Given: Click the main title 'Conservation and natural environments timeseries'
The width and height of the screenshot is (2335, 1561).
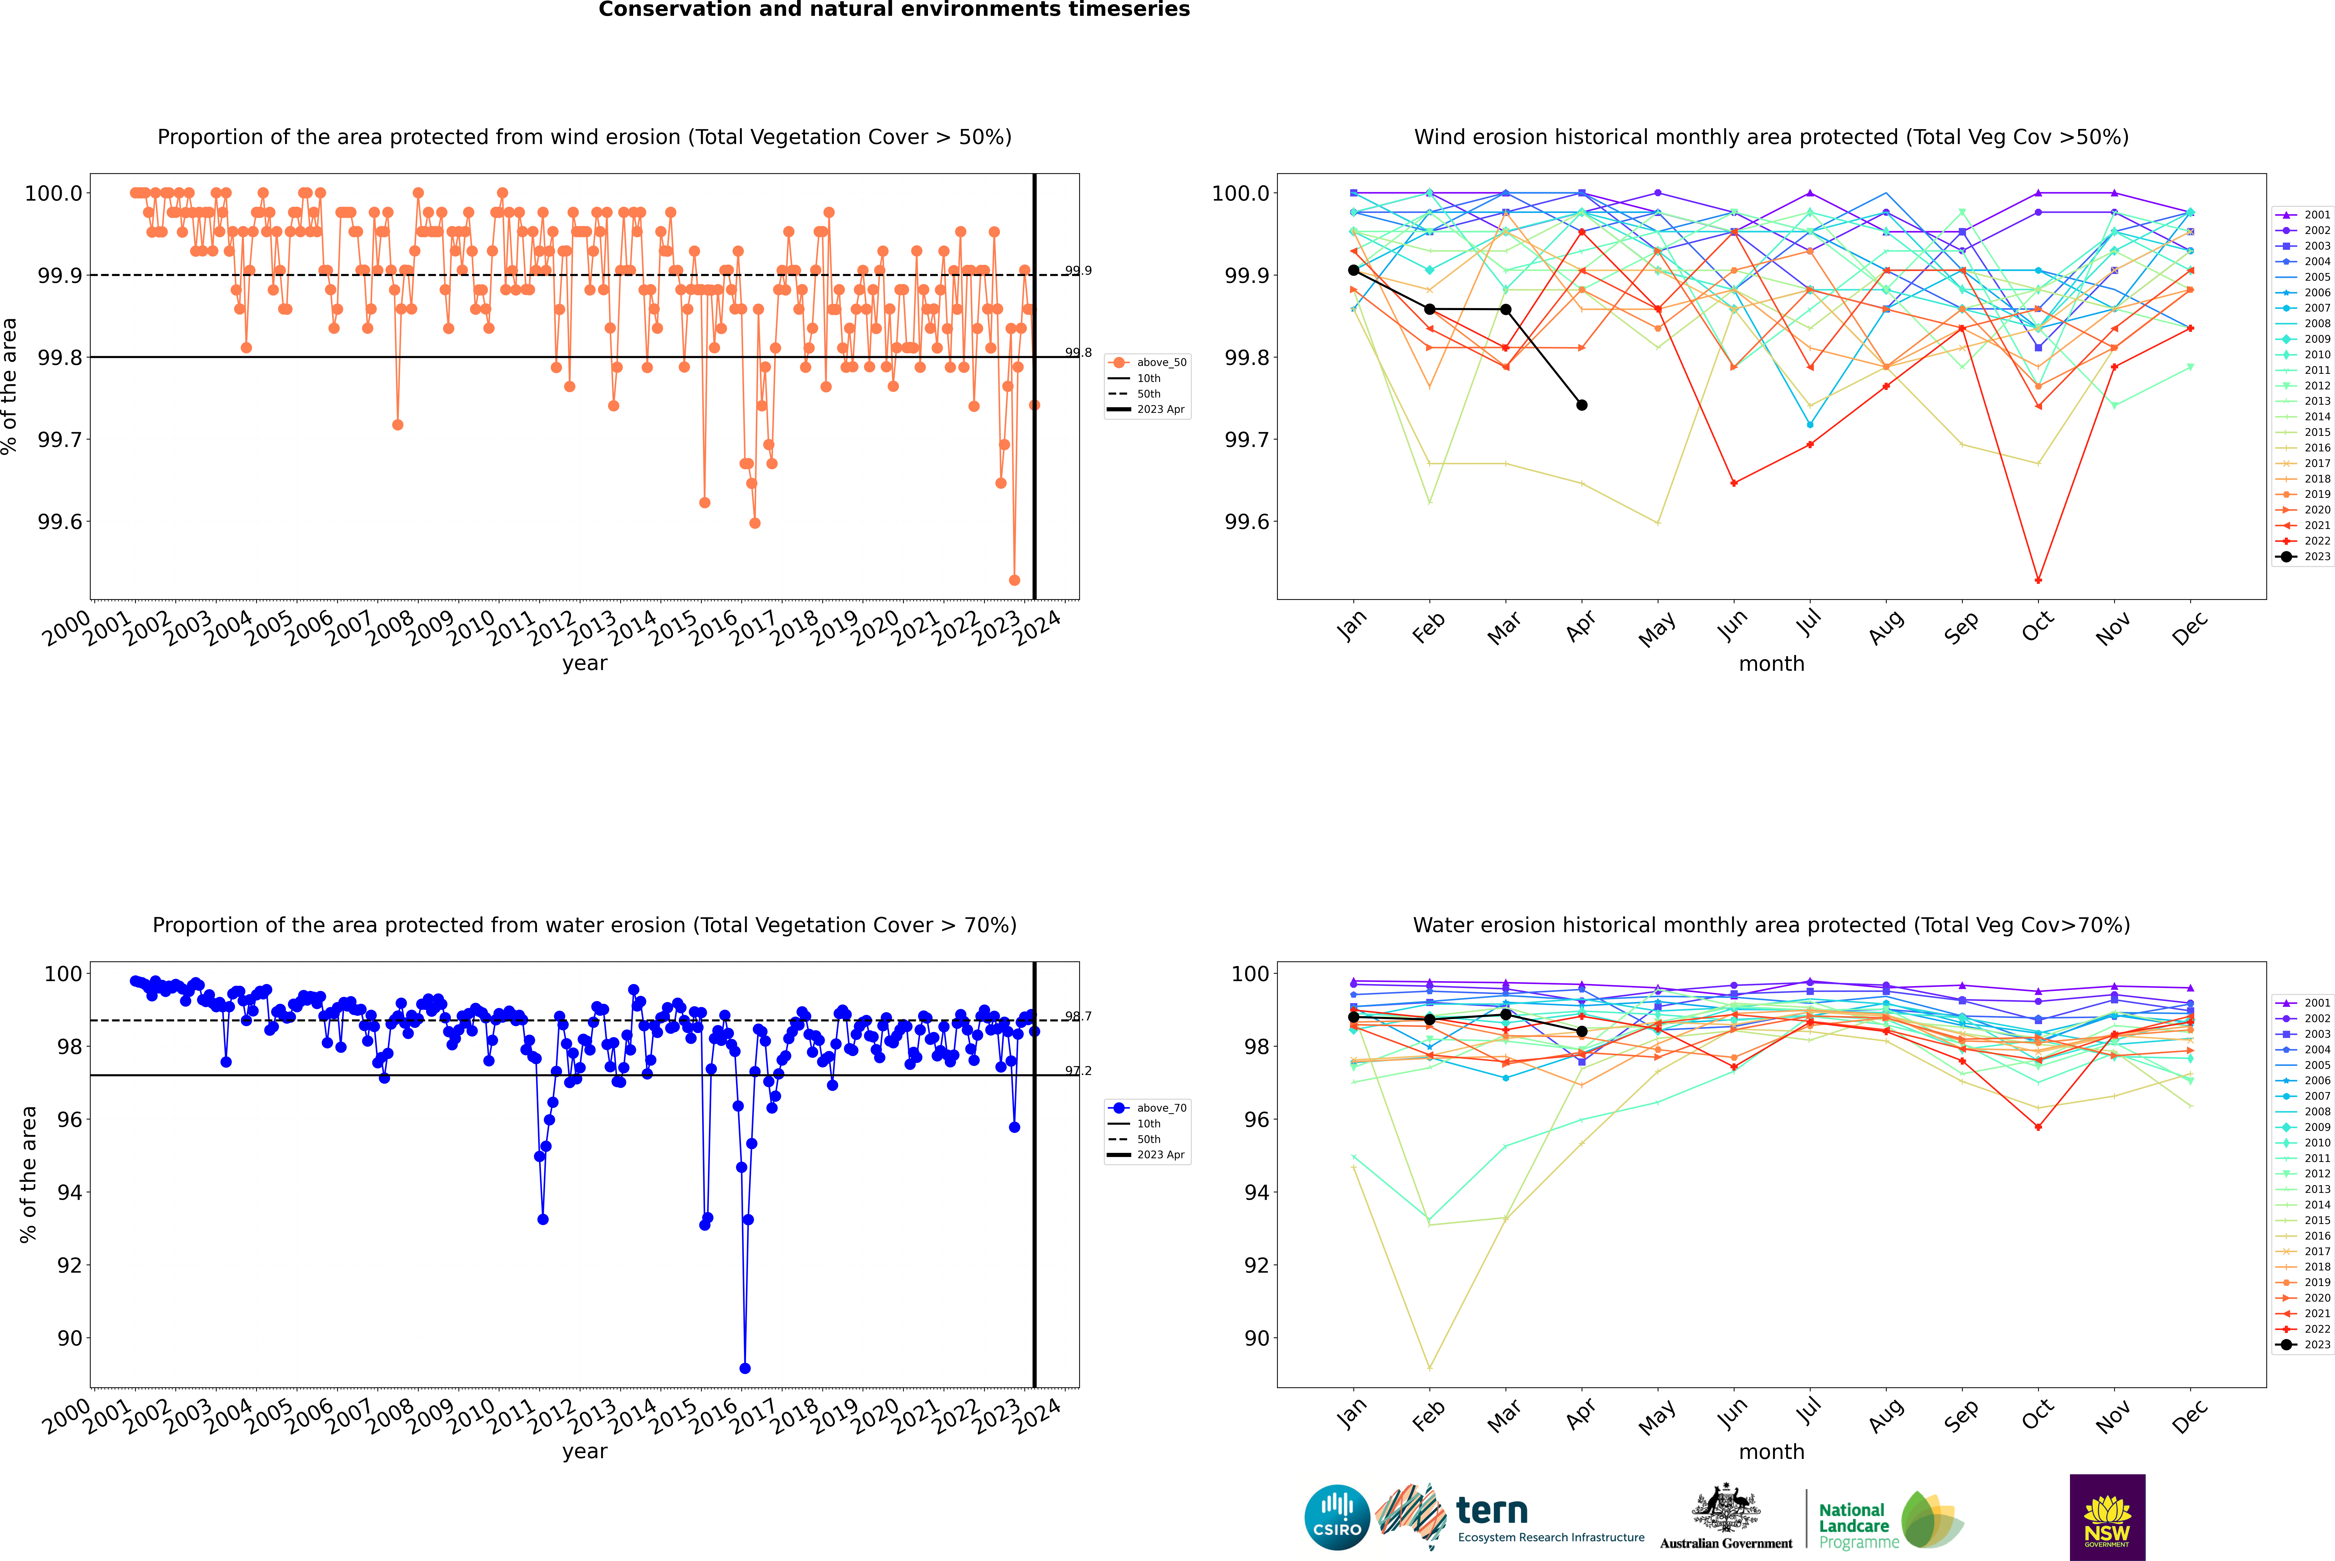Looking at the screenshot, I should coord(894,10).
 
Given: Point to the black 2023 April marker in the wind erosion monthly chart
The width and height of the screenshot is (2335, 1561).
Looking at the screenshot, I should coord(1582,405).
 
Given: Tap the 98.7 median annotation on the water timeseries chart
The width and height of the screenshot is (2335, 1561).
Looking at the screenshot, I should coord(1078,1016).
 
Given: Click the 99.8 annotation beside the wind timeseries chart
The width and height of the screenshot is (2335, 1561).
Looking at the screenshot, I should coord(1078,352).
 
